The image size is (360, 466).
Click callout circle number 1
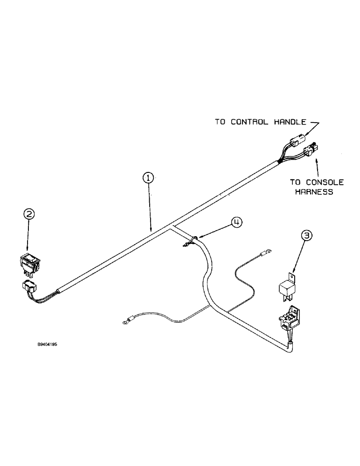click(x=147, y=178)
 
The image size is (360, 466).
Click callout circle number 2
click(x=29, y=214)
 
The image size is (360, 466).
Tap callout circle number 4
click(x=237, y=223)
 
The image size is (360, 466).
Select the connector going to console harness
click(x=311, y=151)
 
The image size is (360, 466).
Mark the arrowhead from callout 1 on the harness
click(x=151, y=230)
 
